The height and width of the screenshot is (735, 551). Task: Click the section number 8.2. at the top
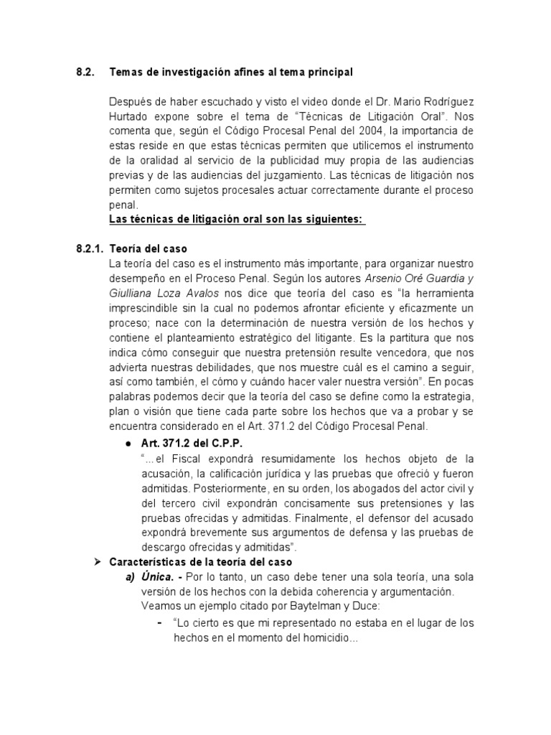(86, 72)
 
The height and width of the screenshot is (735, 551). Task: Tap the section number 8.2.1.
(90, 249)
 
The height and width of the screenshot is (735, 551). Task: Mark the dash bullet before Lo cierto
(159, 622)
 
